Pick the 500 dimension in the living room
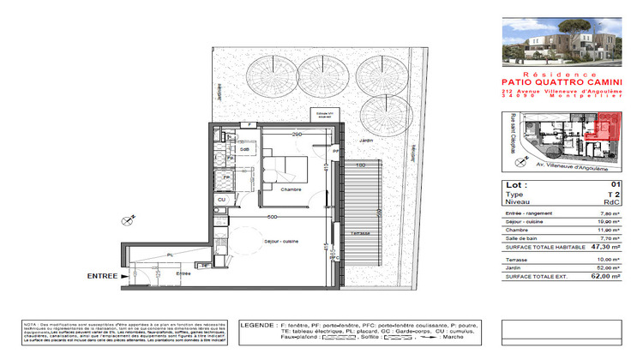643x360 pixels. click(270, 218)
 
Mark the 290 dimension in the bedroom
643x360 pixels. click(296, 135)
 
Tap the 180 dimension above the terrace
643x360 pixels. click(362, 165)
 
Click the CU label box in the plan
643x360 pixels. click(220, 199)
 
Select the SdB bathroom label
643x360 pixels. click(244, 149)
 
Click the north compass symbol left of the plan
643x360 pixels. click(129, 220)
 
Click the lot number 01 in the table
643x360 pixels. click(615, 184)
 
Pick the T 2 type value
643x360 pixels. click(613, 195)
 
